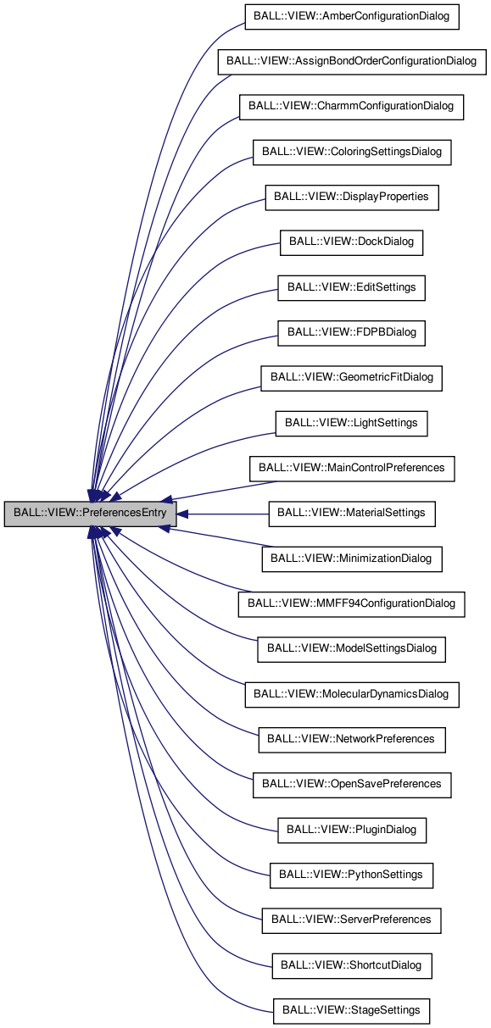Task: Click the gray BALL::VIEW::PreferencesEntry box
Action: coord(91,514)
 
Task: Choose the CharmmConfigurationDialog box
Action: coord(352,107)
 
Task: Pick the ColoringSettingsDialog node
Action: coord(352,152)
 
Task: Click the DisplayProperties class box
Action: coord(352,197)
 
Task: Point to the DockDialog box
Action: coord(351,242)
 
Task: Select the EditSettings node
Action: coord(351,287)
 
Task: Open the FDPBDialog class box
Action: coord(351,332)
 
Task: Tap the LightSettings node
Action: coord(351,423)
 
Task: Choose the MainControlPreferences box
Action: coord(352,468)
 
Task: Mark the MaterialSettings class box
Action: coord(352,514)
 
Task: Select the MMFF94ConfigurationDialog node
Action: coord(352,603)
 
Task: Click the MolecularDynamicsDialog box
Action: coord(352,694)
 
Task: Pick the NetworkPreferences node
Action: coord(352,739)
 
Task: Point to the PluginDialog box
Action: coord(351,830)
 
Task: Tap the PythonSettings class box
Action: coord(351,875)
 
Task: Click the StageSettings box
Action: coord(351,1010)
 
